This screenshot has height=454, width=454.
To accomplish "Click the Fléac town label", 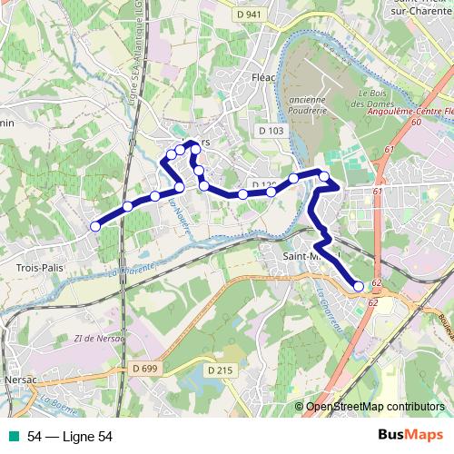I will point(263,78).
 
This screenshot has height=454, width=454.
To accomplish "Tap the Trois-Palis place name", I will point(39,268).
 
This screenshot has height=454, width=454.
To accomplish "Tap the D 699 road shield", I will point(143,368).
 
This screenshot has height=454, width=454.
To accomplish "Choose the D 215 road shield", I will point(220,370).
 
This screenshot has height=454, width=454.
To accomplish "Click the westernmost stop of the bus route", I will point(95,227).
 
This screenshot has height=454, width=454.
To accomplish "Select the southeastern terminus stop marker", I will point(359,286).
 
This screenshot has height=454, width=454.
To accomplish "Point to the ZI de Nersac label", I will point(94,339).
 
